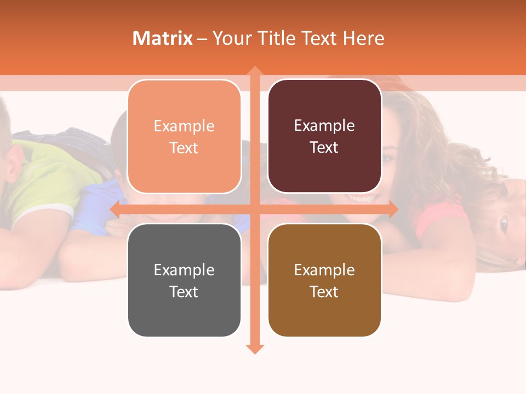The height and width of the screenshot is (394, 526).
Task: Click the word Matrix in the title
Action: (163, 38)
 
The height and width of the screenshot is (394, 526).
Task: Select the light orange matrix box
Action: (184, 137)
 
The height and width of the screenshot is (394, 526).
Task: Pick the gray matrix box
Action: (184, 280)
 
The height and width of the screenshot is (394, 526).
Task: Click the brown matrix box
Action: (324, 280)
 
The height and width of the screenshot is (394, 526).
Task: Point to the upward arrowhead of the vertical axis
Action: (254, 71)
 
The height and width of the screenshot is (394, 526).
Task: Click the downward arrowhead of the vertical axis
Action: (254, 349)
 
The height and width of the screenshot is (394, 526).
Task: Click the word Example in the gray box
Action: (184, 270)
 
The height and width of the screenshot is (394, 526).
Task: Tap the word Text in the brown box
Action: (324, 292)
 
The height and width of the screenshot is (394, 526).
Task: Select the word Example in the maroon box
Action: (324, 125)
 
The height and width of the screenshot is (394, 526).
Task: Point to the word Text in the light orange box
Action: (184, 148)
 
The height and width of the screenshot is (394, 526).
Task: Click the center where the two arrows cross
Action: (254, 208)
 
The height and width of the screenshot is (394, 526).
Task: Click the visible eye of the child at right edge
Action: (504, 223)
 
